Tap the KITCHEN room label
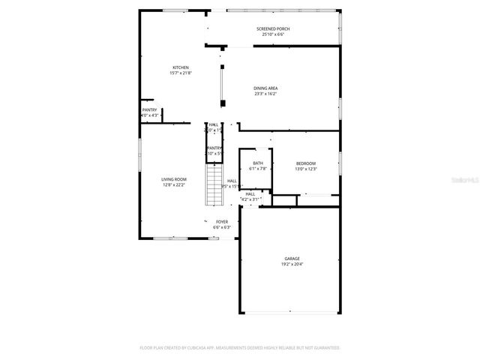181,67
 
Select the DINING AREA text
265,88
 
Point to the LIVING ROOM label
174,179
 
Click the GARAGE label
292,259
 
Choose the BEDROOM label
306,163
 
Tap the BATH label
258,163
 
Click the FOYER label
222,222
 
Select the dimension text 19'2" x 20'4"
292,265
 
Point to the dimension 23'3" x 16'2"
265,94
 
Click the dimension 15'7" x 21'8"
181,73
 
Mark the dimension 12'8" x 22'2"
174,185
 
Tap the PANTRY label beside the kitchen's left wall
150,109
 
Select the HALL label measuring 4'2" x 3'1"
250,193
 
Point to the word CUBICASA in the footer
217,348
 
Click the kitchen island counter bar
221,84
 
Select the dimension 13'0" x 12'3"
306,169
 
